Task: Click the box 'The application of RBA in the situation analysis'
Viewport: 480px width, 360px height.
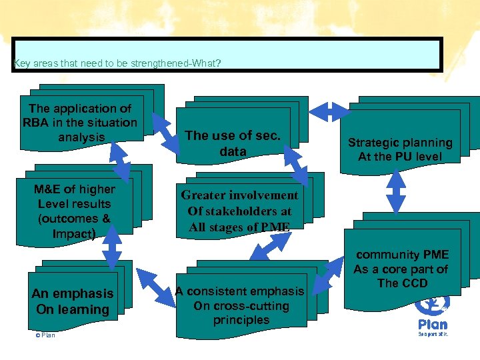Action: (x=80, y=122)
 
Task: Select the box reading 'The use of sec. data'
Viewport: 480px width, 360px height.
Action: (x=233, y=143)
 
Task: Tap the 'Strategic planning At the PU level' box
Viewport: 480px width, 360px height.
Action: (x=400, y=150)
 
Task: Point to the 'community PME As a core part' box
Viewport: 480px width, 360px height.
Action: (x=402, y=269)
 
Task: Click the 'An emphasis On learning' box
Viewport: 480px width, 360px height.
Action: (x=72, y=301)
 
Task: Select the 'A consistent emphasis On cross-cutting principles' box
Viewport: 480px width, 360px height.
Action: (x=241, y=306)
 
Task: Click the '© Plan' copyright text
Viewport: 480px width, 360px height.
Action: (x=45, y=335)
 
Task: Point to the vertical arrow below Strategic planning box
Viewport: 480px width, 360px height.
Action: (x=395, y=192)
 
